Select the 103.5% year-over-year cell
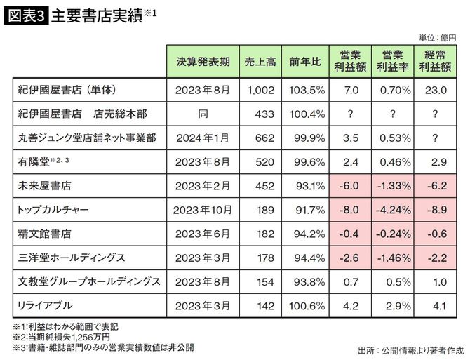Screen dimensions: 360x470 pyautogui.click(x=305, y=91)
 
